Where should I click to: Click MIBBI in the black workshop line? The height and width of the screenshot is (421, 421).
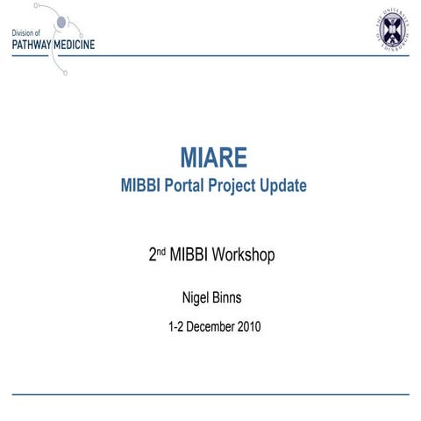coord(194,255)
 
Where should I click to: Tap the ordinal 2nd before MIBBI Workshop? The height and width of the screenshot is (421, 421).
coord(158,255)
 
